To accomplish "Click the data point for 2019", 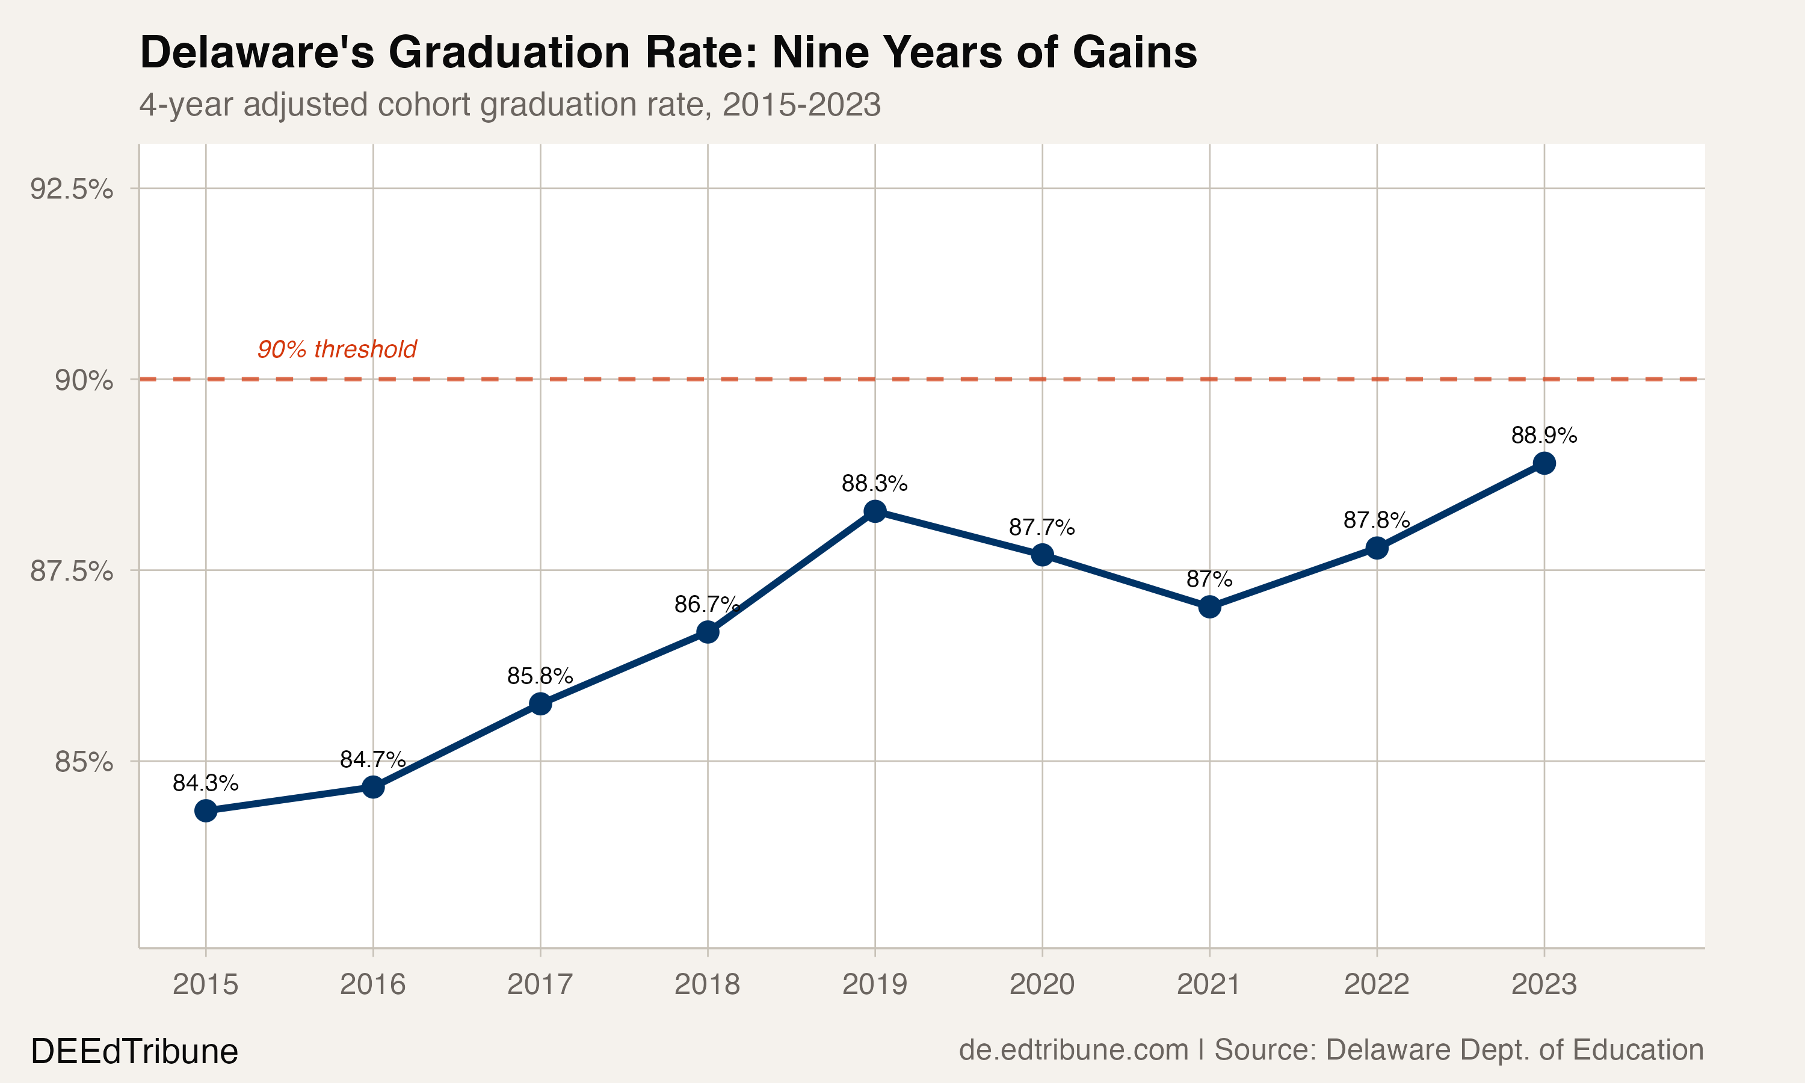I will click(875, 511).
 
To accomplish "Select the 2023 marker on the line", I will click(1544, 463).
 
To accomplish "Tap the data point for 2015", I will click(206, 810).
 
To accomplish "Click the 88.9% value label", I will click(1544, 436).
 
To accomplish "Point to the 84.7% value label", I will click(373, 760).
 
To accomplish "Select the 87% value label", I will click(1209, 579).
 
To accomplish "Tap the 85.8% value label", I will click(540, 676).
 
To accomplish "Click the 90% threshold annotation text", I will click(336, 350).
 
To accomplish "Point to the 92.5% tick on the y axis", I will click(72, 189).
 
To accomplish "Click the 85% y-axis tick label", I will click(84, 762).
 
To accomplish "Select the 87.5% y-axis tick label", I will click(72, 572).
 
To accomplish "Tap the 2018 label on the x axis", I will click(707, 985).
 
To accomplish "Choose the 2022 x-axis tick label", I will click(1377, 985).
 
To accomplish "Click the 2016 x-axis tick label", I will click(373, 985).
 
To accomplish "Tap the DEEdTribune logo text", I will click(134, 1052).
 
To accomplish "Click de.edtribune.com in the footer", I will click(1073, 1050).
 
